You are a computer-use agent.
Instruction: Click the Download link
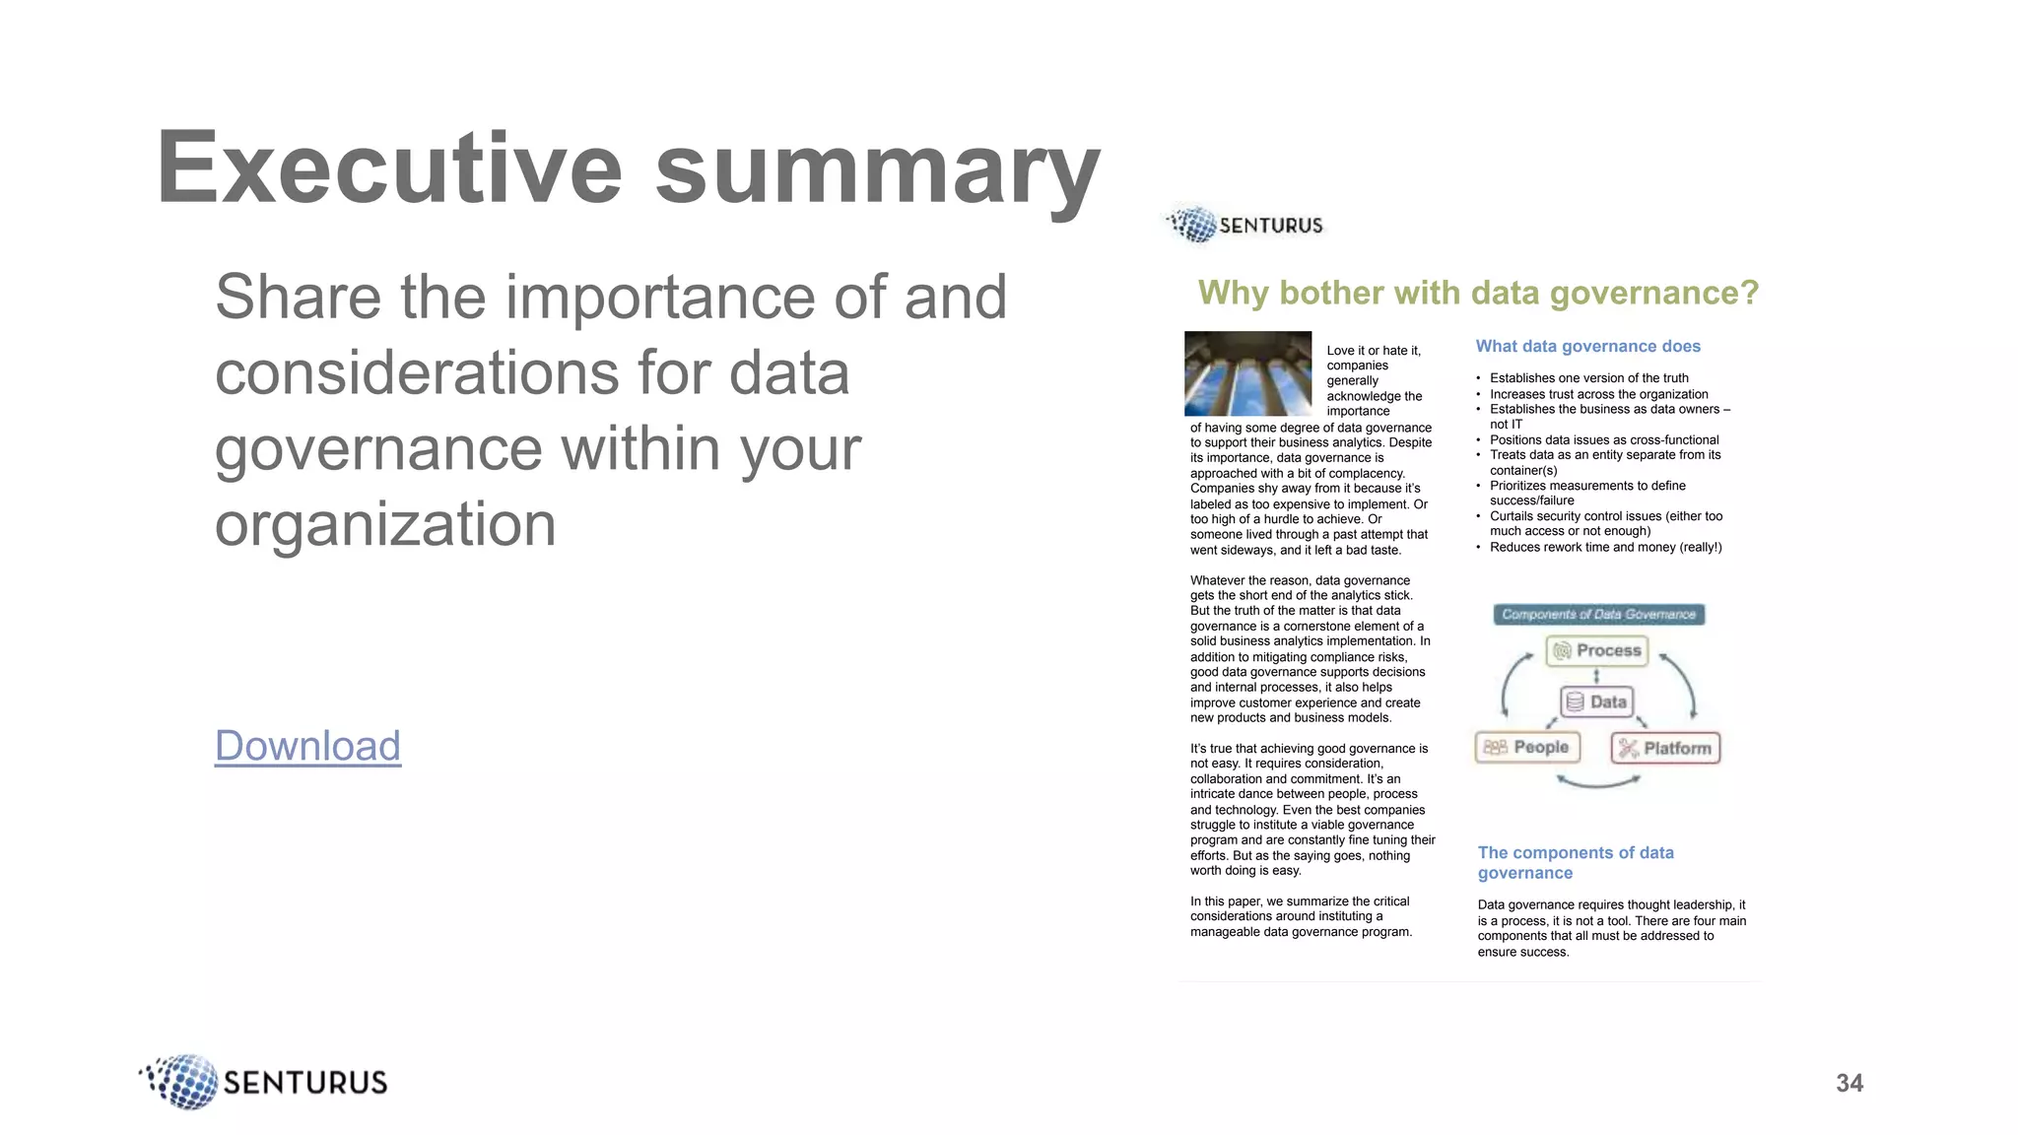[307, 746]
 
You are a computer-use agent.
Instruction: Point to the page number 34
[1849, 1083]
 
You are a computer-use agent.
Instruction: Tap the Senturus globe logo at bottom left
[182, 1082]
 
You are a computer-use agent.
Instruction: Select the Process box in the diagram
[1596, 650]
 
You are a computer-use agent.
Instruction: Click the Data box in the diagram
[1596, 701]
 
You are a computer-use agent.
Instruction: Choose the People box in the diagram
[1527, 747]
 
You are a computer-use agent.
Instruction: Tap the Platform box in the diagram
[1665, 748]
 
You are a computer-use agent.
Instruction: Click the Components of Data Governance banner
[1598, 615]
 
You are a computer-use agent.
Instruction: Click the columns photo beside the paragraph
[1247, 372]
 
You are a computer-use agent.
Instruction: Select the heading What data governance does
[1587, 346]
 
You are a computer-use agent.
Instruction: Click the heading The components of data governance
[1575, 862]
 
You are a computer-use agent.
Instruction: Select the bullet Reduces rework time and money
[1605, 547]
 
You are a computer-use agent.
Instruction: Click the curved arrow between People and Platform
[1597, 782]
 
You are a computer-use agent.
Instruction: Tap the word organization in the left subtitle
[385, 524]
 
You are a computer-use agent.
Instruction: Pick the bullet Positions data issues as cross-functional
[1603, 439]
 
